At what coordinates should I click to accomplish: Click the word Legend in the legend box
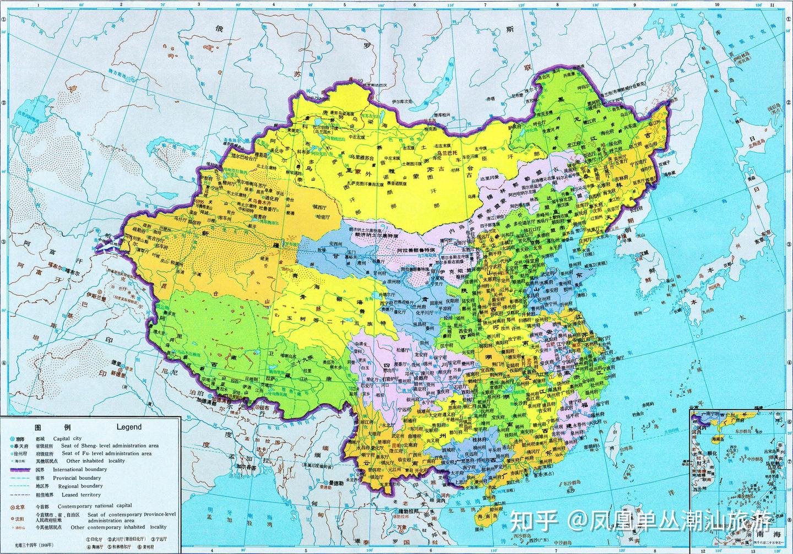(x=129, y=427)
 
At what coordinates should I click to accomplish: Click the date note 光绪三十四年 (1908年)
(x=34, y=546)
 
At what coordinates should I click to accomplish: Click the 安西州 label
(x=340, y=244)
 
